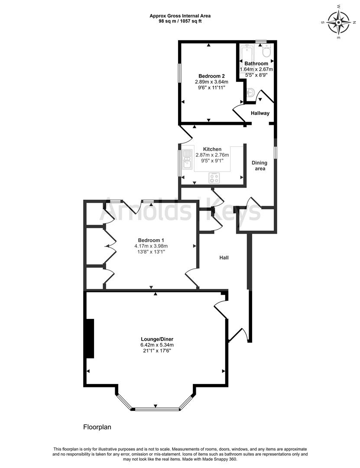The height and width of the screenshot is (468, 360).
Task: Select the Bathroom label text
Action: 256,64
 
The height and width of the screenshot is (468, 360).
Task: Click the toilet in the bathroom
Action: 266,52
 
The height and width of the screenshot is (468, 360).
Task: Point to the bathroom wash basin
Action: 250,92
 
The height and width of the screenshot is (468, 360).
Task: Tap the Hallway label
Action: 260,114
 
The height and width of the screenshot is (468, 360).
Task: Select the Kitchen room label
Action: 212,149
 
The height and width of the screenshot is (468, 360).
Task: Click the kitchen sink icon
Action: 188,159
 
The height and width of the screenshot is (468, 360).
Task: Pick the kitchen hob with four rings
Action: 214,177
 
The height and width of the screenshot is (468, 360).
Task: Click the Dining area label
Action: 260,166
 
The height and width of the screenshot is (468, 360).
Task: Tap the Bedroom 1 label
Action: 151,240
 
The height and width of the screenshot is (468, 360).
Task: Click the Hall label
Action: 224,257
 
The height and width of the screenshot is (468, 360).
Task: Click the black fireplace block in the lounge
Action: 90,338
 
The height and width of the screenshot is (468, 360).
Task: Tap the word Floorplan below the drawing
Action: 97,427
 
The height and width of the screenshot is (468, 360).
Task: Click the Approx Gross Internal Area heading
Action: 180,16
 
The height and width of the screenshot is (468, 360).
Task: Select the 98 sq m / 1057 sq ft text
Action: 180,21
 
